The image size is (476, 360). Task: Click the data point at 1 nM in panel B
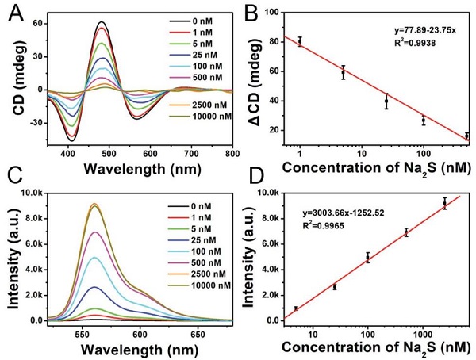[300, 40]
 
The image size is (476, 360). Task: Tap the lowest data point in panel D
[296, 308]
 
